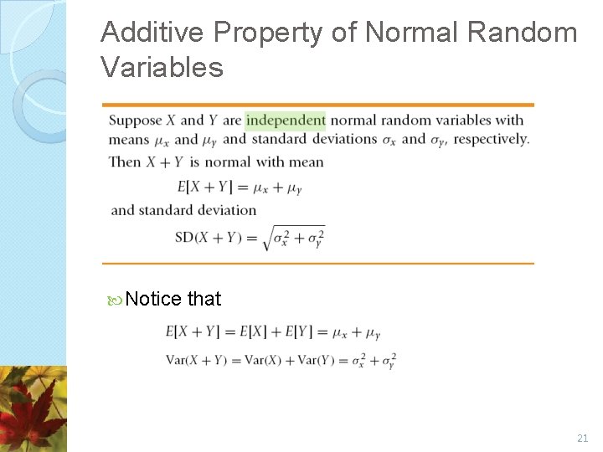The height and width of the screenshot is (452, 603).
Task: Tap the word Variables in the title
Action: (x=162, y=67)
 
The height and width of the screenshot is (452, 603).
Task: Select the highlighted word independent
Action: (x=286, y=120)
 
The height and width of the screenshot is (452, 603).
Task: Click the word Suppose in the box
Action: (x=136, y=121)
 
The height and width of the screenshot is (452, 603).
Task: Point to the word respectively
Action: (x=491, y=139)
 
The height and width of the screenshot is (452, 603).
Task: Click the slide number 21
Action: (x=583, y=438)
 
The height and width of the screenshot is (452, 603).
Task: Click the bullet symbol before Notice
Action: (x=116, y=300)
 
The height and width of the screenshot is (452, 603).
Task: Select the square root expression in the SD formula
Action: (x=293, y=238)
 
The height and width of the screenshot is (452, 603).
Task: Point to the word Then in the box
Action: (x=125, y=162)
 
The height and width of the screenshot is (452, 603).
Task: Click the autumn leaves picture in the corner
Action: (x=33, y=410)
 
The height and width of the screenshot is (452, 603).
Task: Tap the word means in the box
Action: (x=128, y=140)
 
